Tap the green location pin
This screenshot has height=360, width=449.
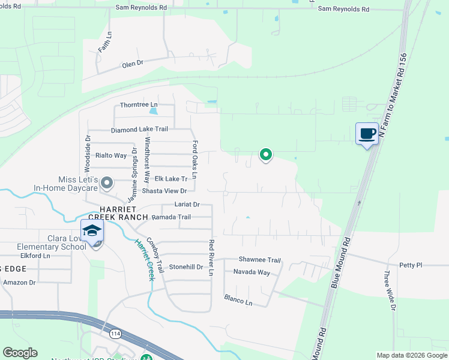click(265, 155)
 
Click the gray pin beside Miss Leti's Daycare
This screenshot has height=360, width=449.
click(107, 182)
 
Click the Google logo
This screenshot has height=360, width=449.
click(20, 353)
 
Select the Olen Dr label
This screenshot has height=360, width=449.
click(133, 63)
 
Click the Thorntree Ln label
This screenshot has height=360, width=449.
click(134, 105)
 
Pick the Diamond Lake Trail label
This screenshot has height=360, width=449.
click(139, 130)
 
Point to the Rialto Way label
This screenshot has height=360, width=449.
click(111, 155)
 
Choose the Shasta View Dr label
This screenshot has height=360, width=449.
click(164, 191)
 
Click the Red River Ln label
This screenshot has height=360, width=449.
click(211, 257)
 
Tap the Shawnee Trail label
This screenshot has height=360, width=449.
click(260, 260)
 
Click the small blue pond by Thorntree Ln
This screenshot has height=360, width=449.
click(154, 110)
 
